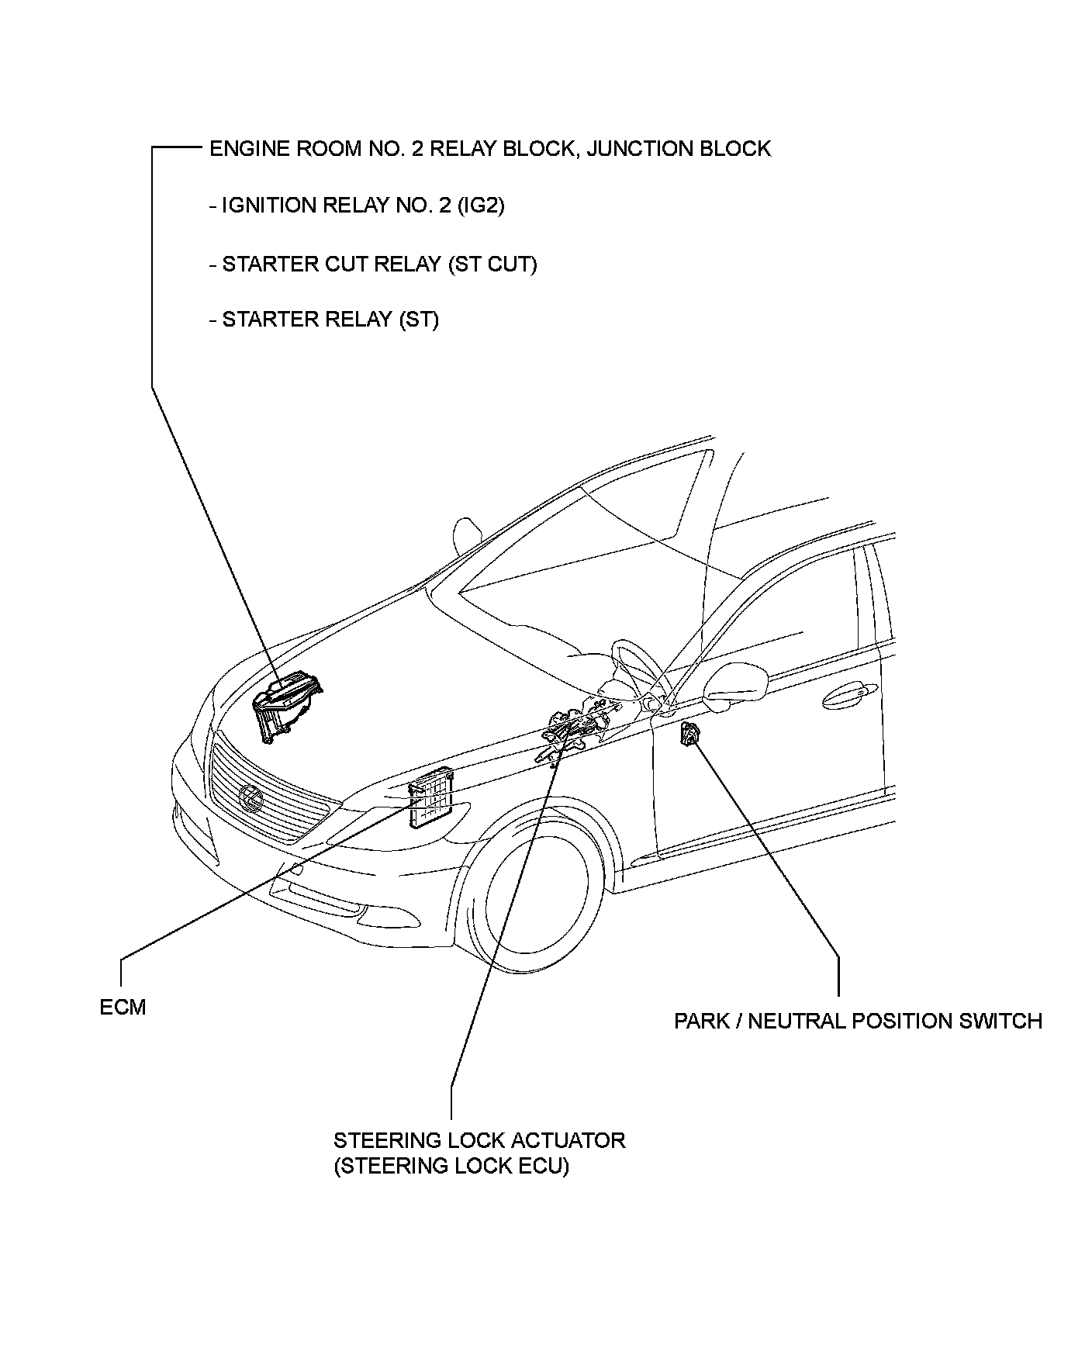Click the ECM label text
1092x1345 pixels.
123,1007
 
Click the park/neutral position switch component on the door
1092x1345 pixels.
688,734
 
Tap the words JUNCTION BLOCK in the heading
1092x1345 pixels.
679,148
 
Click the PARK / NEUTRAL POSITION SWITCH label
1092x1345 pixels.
858,1021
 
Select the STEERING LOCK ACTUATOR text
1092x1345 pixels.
479,1140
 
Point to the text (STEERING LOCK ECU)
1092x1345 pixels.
451,1166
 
